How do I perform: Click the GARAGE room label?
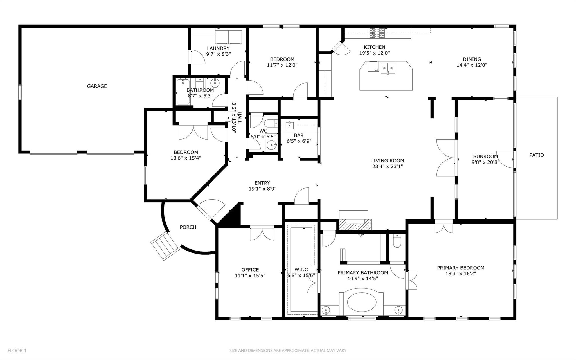[x=97, y=86]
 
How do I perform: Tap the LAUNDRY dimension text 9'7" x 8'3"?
[x=219, y=54]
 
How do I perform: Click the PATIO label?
[x=536, y=155]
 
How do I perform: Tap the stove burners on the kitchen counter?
[x=377, y=33]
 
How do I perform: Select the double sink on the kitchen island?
[x=388, y=68]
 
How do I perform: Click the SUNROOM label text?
[x=485, y=156]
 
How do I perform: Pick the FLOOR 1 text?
[x=17, y=350]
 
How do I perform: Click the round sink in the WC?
[x=271, y=146]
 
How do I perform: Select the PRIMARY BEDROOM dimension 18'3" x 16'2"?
[x=460, y=273]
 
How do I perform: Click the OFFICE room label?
[x=250, y=270]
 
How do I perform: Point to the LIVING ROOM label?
[x=387, y=161]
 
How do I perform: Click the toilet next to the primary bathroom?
[x=397, y=241]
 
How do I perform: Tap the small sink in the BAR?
[x=289, y=125]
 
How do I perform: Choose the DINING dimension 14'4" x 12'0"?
[x=472, y=65]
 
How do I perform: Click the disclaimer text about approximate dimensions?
[x=288, y=350]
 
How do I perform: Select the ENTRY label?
[x=262, y=183]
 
